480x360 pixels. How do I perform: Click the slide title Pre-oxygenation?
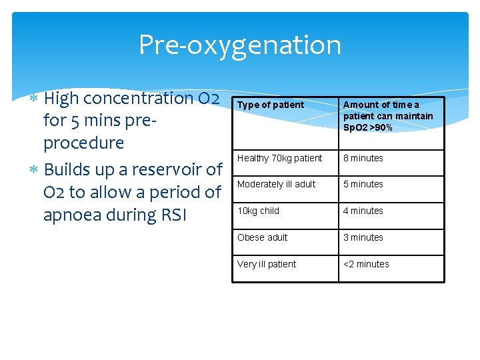coord(240,45)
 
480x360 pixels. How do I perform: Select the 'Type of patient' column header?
coord(271,105)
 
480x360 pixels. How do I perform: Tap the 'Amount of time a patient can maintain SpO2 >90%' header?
coord(387,116)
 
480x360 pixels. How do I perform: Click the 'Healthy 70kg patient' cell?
coord(279,158)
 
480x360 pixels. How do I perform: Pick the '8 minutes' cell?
coord(363,158)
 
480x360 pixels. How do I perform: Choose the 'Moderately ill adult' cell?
coord(276,184)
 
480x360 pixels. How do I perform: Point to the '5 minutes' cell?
coord(363,184)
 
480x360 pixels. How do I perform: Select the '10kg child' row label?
coord(258,211)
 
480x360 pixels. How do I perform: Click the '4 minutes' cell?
coord(363,211)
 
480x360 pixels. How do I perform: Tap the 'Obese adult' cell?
coord(263,237)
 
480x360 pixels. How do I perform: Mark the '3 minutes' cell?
coord(363,237)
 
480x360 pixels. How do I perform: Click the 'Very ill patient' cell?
coord(267,264)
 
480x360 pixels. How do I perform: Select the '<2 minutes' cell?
coord(366,264)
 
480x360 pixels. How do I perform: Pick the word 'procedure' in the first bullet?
coord(83,143)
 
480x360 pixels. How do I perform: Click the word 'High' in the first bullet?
coord(61,98)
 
